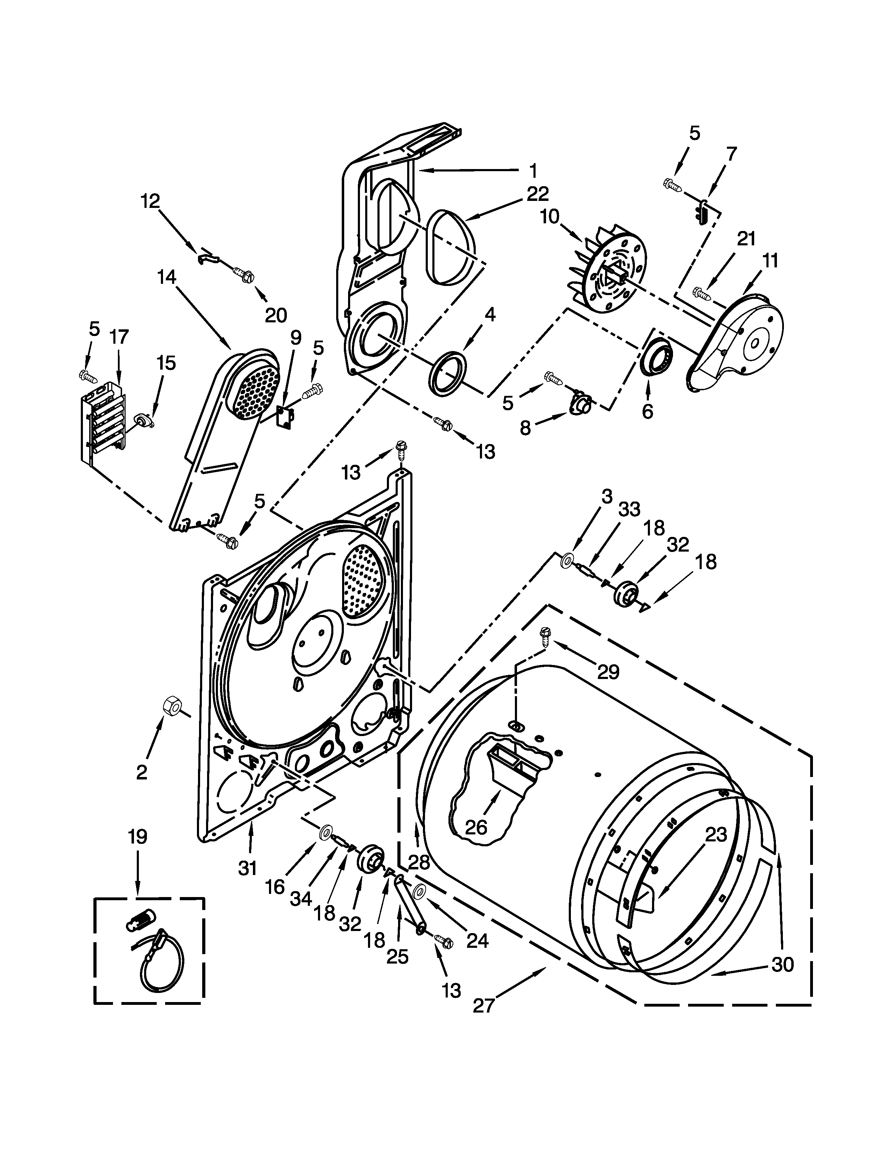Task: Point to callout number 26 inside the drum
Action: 476,827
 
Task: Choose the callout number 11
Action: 771,261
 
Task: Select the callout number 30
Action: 783,965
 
